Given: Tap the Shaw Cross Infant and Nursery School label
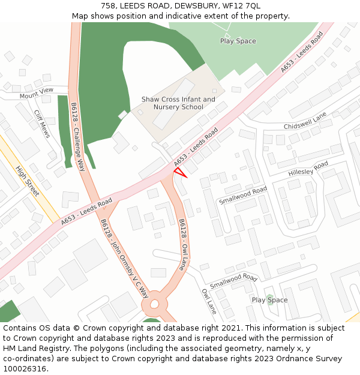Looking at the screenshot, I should pos(178,103).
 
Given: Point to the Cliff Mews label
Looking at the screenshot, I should pos(42,124).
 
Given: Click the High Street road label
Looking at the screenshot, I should pos(28,181).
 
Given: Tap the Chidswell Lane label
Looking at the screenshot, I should pos(305,121).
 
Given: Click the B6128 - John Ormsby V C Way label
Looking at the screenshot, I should pos(124,258).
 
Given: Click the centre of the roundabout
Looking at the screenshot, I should pos(155,305).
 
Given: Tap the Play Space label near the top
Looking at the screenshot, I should pos(238,41).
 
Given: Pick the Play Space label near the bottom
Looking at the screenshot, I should pos(269,300).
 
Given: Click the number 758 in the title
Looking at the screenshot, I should pos(109,6).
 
